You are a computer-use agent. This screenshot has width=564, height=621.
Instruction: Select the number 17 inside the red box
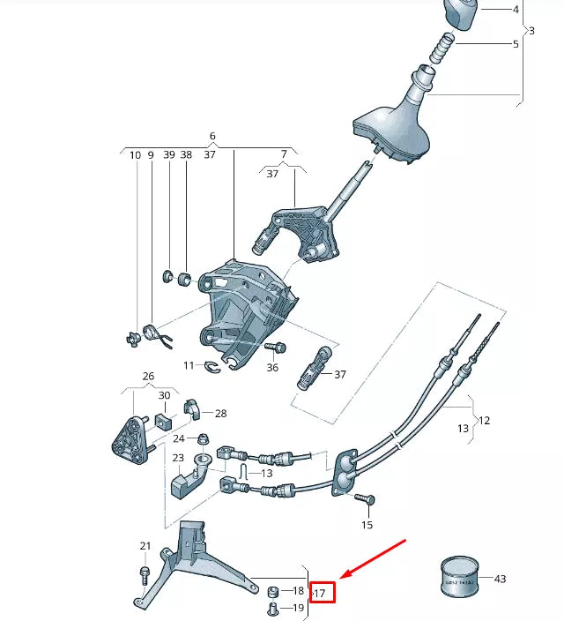[x=320, y=594]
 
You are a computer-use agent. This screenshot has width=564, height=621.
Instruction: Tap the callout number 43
[x=500, y=579]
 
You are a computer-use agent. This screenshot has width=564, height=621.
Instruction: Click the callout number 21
[x=145, y=547]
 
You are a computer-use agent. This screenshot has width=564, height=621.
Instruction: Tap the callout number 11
[x=189, y=365]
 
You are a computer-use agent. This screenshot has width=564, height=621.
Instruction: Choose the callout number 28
[x=220, y=413]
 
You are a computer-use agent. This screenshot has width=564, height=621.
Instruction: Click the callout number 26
[x=148, y=375]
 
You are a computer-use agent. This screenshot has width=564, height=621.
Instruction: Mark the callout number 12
[x=484, y=421]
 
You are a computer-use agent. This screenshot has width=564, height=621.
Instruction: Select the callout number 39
[x=168, y=155]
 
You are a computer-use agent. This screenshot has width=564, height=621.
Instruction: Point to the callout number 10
[x=135, y=155]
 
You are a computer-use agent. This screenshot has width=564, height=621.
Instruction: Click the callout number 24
[x=179, y=438]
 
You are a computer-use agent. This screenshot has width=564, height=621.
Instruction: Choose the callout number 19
[x=298, y=608]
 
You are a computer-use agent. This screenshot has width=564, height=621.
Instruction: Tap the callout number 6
[x=212, y=137]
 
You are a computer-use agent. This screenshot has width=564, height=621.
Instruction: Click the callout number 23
[x=178, y=458]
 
